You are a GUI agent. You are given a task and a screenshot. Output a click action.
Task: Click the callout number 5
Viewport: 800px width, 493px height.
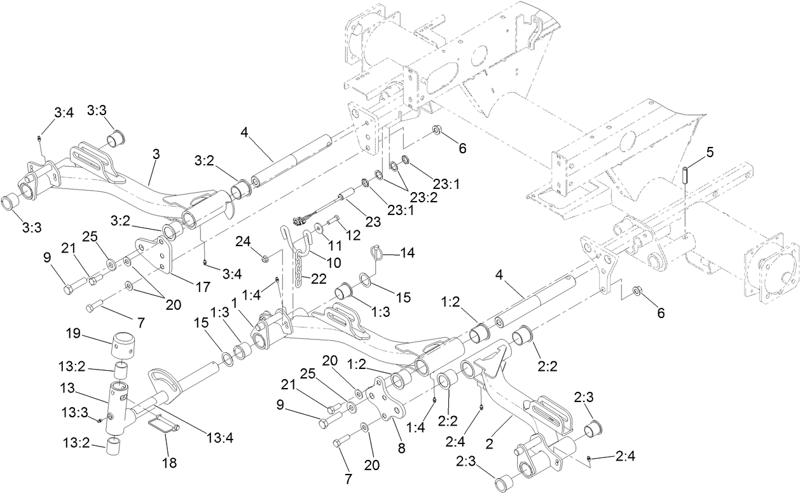710,153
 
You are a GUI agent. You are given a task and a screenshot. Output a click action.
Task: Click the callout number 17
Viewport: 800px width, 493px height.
202,287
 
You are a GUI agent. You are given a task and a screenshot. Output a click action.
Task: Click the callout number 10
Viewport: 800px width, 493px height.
333,261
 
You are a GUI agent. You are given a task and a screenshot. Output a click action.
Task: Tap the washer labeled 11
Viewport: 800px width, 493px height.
319,227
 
